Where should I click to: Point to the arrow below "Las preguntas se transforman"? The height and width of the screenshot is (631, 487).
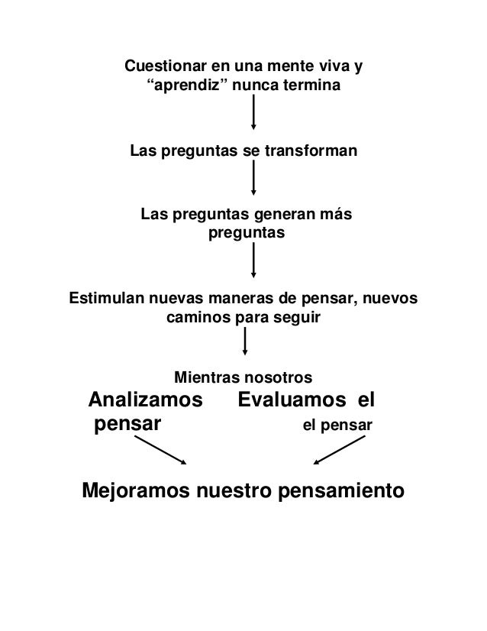click(x=254, y=181)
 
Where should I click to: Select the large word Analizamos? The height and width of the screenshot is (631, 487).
click(x=147, y=400)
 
